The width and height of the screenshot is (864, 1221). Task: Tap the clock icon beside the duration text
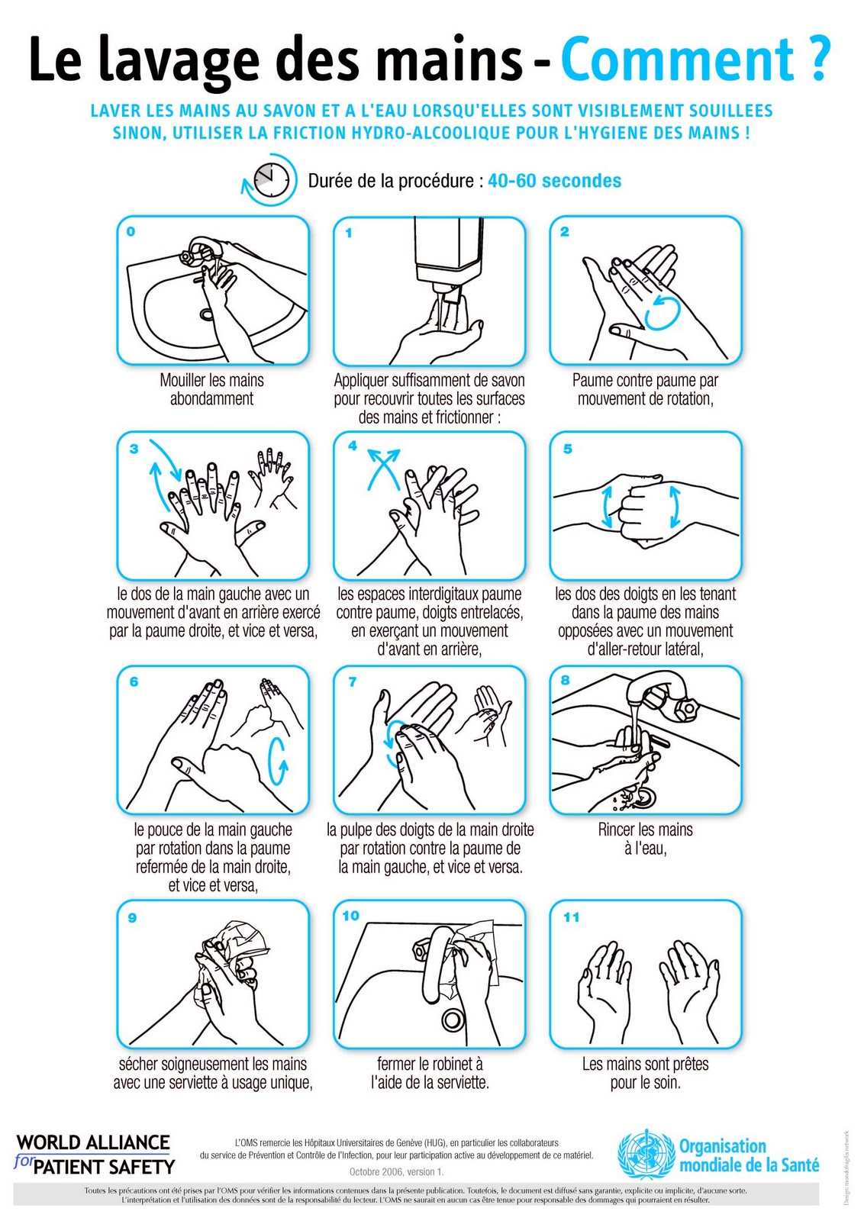point(270,179)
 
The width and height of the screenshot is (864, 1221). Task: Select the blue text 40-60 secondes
point(554,180)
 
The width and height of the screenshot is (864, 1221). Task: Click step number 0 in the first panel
point(131,232)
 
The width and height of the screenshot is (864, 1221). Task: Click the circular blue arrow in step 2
point(663,314)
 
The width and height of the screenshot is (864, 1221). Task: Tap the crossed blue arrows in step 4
point(384,468)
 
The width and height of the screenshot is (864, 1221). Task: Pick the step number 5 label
point(567,449)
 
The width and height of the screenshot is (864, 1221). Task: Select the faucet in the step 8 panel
point(663,696)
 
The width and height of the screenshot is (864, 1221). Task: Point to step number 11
point(571,917)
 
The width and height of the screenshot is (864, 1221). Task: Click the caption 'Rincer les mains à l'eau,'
point(646,839)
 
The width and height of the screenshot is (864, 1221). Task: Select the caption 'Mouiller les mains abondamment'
point(211,389)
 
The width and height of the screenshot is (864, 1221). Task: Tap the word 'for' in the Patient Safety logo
point(23,1161)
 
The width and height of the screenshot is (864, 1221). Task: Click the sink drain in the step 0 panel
point(207,314)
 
